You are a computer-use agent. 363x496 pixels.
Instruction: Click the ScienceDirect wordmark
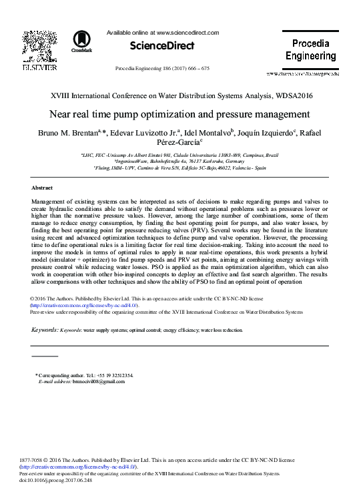pyautogui.click(x=153, y=46)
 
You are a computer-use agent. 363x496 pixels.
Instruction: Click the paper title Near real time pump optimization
pyautogui.click(x=180, y=113)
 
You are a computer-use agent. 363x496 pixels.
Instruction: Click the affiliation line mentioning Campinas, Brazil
pyautogui.click(x=179, y=154)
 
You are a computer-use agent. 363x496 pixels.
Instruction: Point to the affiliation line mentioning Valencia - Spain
pyautogui.click(x=179, y=168)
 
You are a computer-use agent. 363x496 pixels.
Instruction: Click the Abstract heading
pyautogui.click(x=43, y=189)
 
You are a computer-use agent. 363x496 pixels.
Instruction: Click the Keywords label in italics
pyautogui.click(x=45, y=330)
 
